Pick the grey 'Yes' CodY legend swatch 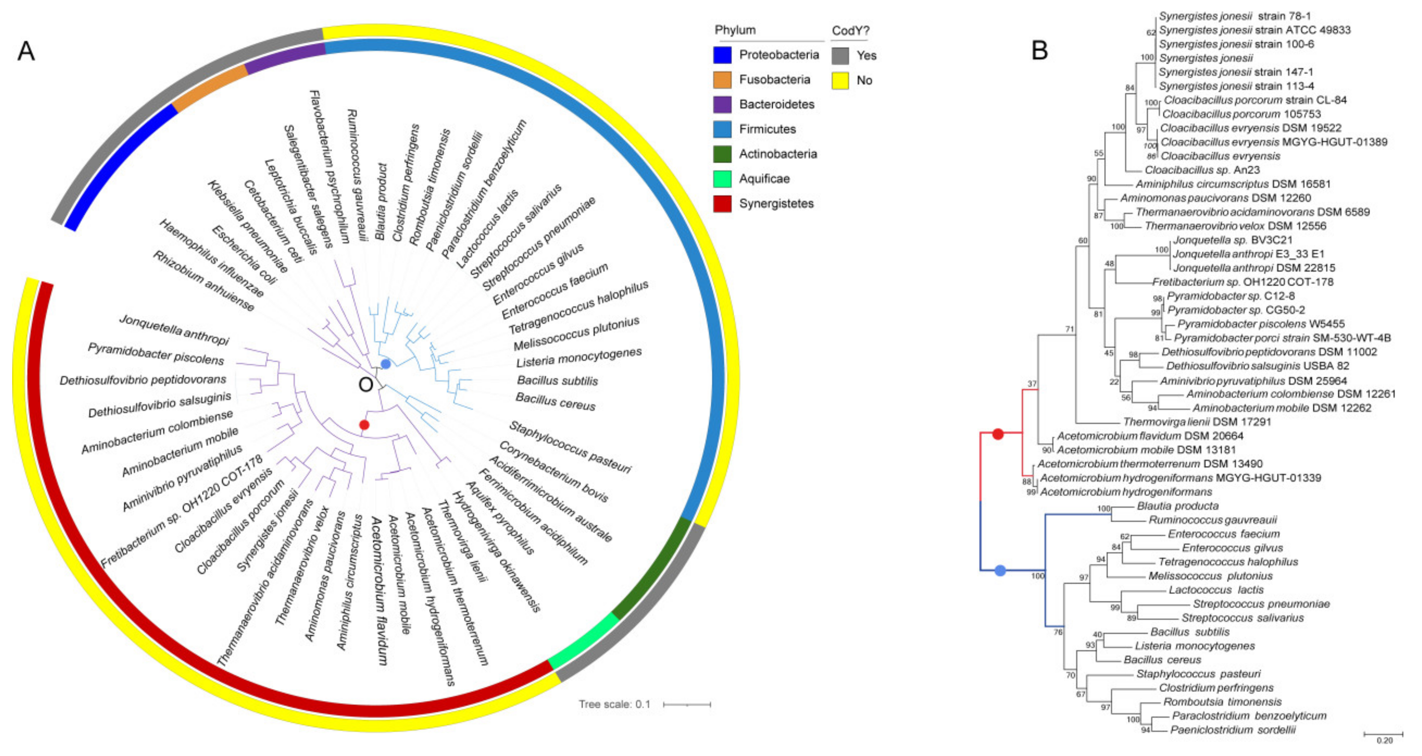(840, 55)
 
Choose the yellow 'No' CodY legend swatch (840, 81)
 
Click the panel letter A (26, 51)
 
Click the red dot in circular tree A (364, 425)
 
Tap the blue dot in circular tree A (385, 364)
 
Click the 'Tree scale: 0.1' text (614, 704)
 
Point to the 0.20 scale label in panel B (1385, 740)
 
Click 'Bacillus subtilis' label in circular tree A (557, 381)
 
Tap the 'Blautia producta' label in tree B (1177, 506)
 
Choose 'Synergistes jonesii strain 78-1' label (1234, 16)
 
